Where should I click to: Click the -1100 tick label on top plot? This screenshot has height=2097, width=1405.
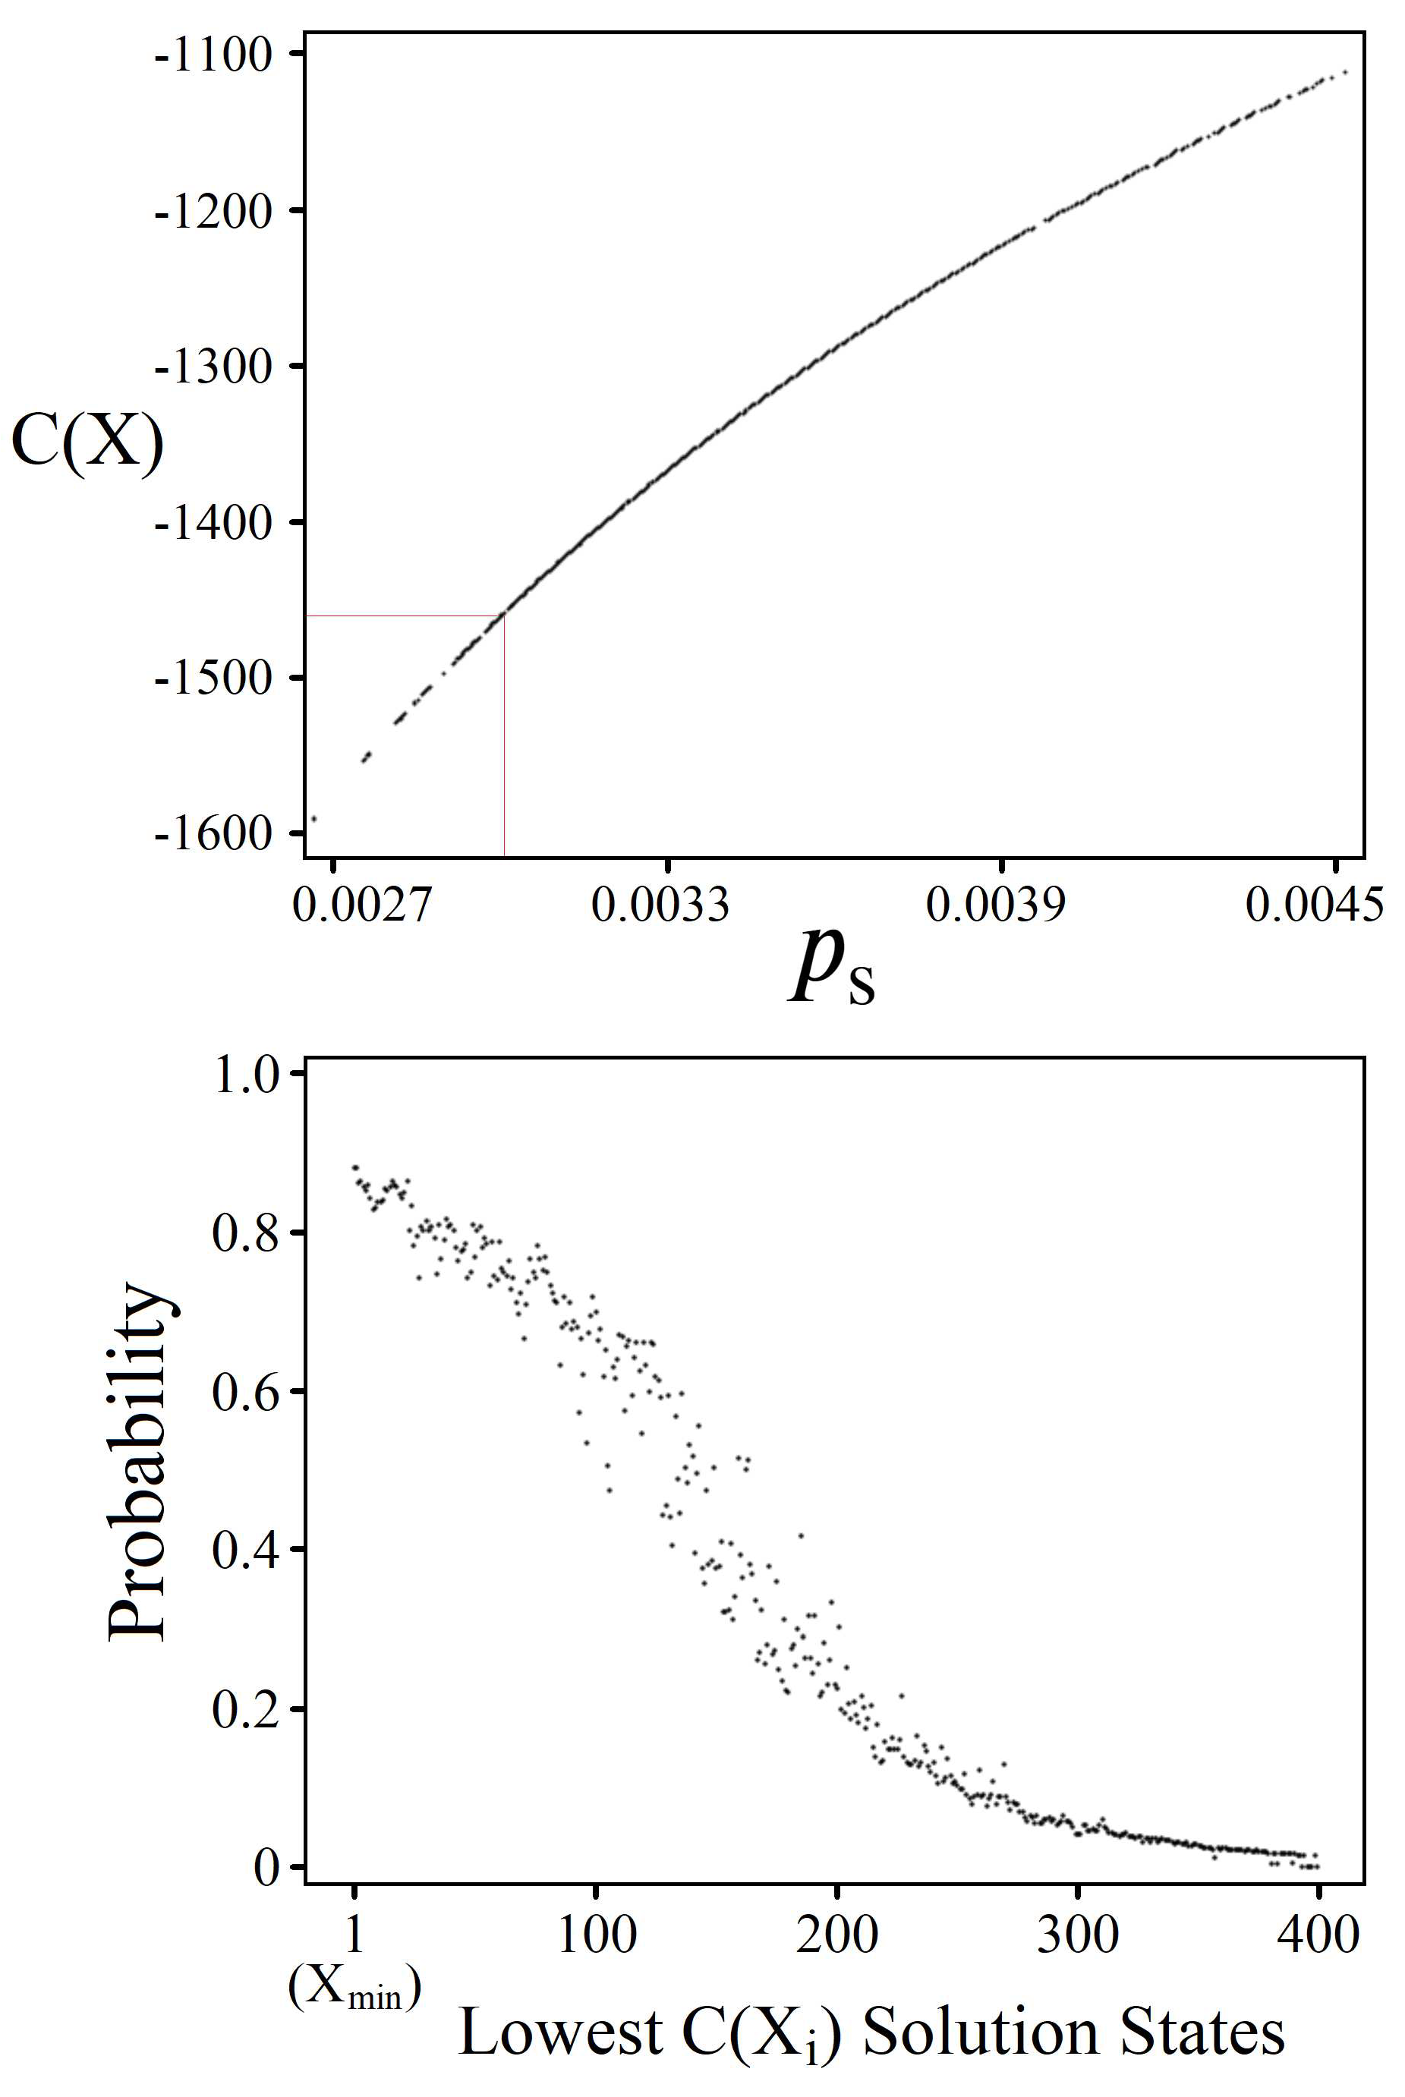pos(213,55)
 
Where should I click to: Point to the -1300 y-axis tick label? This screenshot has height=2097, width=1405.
pos(213,367)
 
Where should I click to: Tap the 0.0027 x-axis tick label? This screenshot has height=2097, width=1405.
pos(362,905)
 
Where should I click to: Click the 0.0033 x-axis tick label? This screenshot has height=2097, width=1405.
pos(660,905)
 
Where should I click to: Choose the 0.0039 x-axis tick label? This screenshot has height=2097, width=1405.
pos(996,905)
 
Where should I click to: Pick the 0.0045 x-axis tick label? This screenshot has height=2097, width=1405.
pos(1315,905)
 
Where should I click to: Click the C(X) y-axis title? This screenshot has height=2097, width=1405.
pos(87,442)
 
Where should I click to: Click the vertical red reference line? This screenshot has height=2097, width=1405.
pos(505,735)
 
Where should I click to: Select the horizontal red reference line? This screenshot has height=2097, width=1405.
pos(403,616)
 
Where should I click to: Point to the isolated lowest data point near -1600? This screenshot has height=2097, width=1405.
pos(313,818)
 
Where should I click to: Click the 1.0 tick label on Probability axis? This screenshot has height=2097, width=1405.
pos(247,1075)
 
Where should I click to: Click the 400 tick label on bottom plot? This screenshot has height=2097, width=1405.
pos(1318,1935)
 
